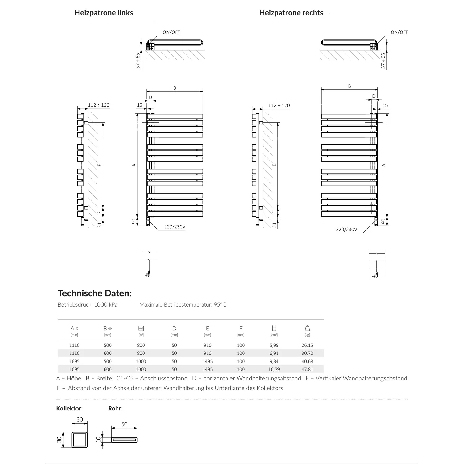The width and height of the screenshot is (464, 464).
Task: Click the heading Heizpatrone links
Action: [x=104, y=13]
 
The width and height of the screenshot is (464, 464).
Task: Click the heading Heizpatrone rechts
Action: [x=291, y=13]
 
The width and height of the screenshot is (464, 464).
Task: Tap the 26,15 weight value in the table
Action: [x=307, y=345]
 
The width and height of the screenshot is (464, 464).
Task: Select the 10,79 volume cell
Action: [x=274, y=369]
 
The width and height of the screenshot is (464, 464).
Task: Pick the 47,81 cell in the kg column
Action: [x=307, y=369]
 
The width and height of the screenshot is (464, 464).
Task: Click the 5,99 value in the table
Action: [x=274, y=345]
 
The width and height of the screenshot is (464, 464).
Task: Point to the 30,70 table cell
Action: [x=307, y=353]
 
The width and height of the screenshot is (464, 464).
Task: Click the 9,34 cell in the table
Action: [x=274, y=361]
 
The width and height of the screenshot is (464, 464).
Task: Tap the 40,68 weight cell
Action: [x=307, y=361]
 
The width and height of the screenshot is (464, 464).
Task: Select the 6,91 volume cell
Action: [x=274, y=353]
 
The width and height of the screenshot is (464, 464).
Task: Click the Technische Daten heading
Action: [x=95, y=293]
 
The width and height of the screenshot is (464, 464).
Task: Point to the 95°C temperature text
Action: [x=220, y=305]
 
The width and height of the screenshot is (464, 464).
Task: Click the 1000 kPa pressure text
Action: [x=106, y=305]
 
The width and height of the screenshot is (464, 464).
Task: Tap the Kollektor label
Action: [x=69, y=408]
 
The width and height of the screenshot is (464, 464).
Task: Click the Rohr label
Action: [x=115, y=408]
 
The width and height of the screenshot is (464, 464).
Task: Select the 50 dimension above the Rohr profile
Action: [x=124, y=424]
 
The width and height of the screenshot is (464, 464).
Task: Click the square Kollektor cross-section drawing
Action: [x=80, y=440]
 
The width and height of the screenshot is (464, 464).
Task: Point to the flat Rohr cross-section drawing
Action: [x=124, y=440]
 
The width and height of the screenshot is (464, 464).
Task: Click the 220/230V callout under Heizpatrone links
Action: [x=175, y=227]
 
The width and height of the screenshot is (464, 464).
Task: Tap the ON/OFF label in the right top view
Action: [x=399, y=32]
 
